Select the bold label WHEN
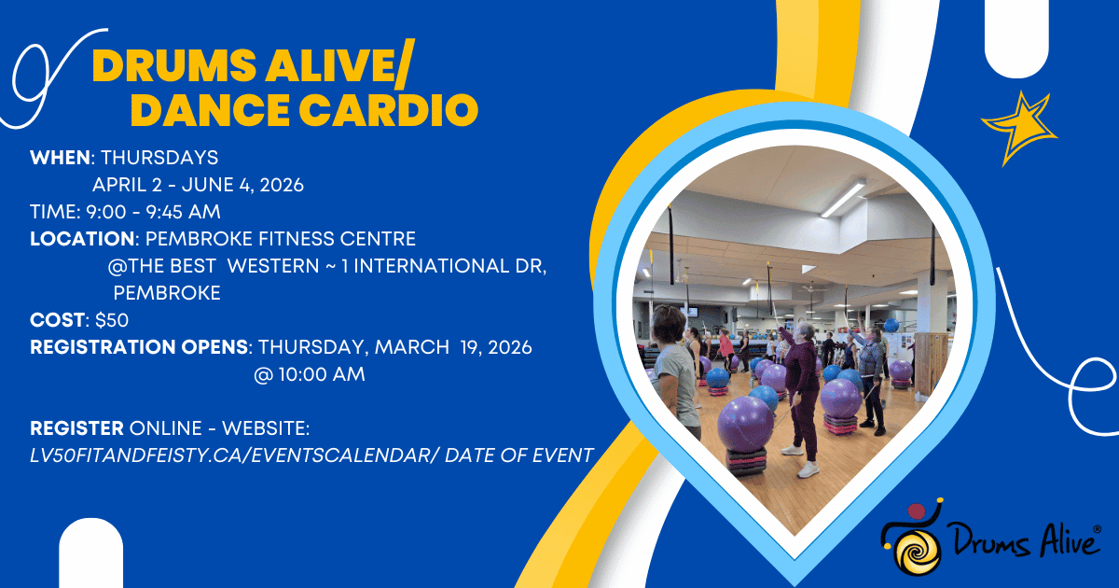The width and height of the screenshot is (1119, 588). click(60, 158)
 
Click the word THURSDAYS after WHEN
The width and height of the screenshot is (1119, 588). click(159, 158)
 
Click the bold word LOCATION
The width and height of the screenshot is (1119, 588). click(82, 239)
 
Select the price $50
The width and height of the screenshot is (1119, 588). click(112, 319)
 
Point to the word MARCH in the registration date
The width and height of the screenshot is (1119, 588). click(412, 346)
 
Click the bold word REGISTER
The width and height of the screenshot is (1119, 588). click(76, 428)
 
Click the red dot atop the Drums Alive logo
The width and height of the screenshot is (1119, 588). click(917, 511)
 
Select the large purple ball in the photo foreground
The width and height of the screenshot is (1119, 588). click(745, 424)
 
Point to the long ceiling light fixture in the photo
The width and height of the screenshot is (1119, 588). click(843, 199)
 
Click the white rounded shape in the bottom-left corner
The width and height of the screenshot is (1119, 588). click(91, 553)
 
